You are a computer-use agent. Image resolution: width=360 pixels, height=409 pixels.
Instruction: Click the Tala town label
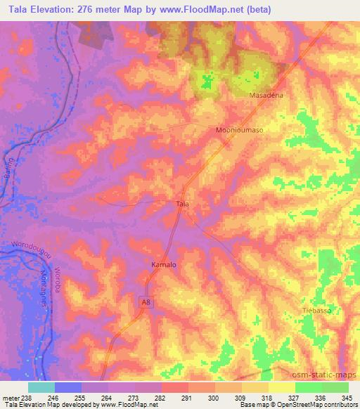pyautogui.click(x=182, y=204)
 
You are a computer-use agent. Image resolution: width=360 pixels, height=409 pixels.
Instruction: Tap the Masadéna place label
pyautogui.click(x=265, y=94)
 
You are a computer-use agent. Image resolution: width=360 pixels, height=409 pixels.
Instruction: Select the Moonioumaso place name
pyautogui.click(x=238, y=131)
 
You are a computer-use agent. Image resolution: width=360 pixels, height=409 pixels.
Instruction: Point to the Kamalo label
pyautogui.click(x=164, y=265)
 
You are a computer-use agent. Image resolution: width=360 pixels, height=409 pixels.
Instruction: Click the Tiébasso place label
pyautogui.click(x=316, y=310)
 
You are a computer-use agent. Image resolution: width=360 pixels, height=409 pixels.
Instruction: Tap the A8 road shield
pyautogui.click(x=145, y=301)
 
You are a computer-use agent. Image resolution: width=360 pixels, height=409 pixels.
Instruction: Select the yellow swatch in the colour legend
pyautogui.click(x=281, y=387)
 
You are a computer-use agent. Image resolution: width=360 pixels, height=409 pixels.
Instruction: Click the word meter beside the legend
pyautogui.click(x=9, y=398)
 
